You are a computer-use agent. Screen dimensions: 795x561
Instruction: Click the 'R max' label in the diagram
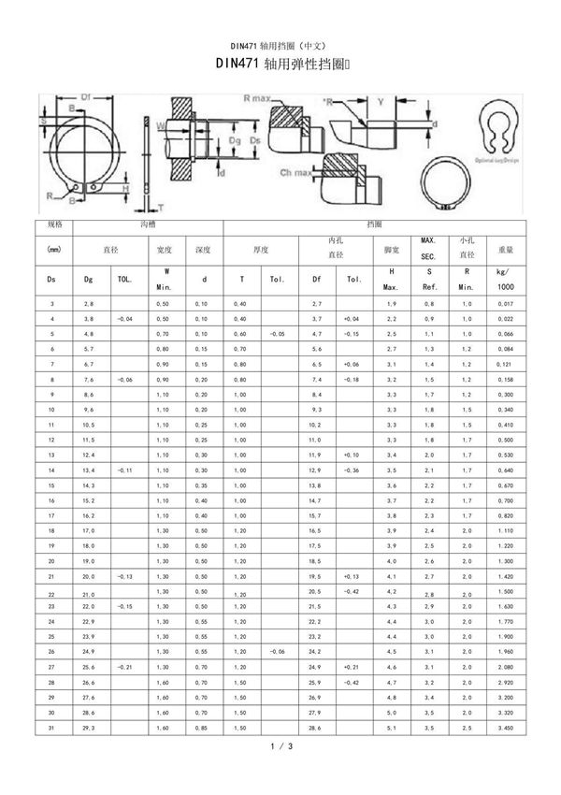[x=256, y=97]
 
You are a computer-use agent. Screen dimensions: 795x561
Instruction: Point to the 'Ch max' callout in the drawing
[x=296, y=174]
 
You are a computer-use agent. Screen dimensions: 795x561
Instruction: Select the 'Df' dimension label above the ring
[x=84, y=96]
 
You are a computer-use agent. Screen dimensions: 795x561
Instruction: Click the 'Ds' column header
[x=51, y=278]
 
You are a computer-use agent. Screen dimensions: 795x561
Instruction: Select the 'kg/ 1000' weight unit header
[x=506, y=278]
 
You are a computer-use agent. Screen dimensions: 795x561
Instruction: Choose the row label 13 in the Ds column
[x=51, y=455]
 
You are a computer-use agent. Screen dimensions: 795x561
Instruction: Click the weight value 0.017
[x=506, y=305]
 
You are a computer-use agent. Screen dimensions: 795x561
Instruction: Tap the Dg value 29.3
[x=90, y=727]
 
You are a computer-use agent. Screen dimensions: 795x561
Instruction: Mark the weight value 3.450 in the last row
[x=506, y=727]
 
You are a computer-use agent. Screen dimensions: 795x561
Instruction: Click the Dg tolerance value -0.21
[x=126, y=669]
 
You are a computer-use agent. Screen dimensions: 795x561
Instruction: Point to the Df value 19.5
[x=316, y=577]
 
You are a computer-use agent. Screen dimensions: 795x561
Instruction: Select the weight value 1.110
[x=506, y=530]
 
